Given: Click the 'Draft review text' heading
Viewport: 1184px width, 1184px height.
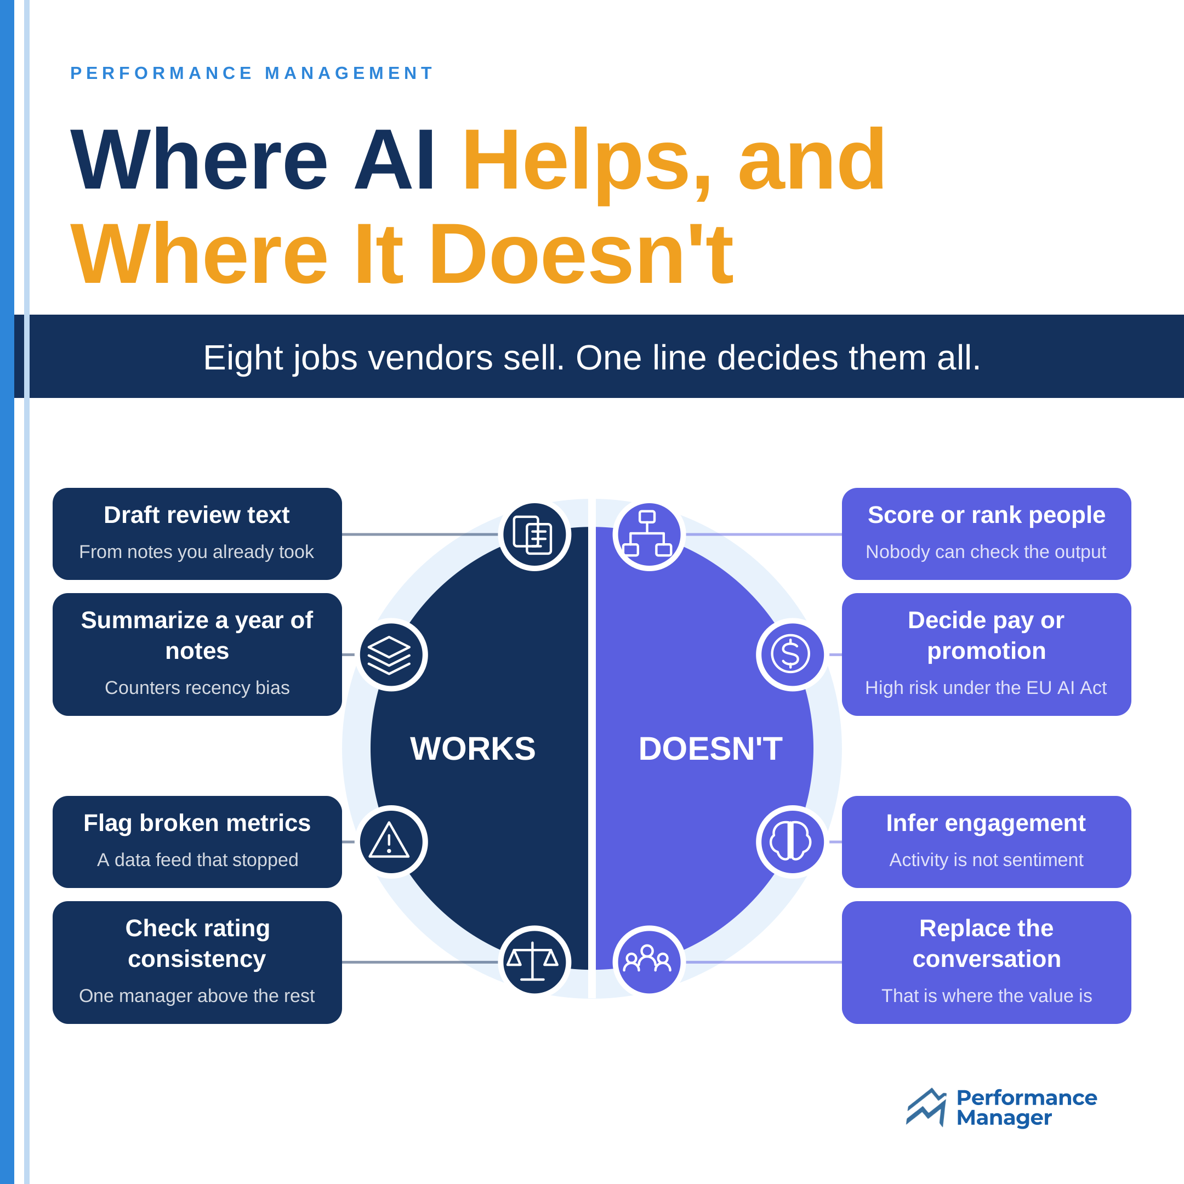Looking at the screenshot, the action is coord(197,515).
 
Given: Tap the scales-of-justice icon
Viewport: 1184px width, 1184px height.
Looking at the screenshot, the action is coord(533,961).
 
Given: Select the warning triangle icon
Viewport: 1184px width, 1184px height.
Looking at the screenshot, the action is coord(389,840).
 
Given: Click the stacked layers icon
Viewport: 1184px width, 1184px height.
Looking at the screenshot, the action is coord(389,655).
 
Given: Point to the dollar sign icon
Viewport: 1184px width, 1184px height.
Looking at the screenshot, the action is coord(790,654).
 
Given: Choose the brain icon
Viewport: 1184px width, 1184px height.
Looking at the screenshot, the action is coord(790,840).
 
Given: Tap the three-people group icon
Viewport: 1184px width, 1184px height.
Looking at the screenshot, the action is coord(647,959).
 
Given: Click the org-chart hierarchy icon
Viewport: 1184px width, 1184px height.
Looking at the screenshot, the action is coord(647,533).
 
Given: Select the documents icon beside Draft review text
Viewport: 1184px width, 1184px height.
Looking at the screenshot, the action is coord(533,535).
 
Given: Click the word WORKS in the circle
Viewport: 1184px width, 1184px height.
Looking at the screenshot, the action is coord(473,748).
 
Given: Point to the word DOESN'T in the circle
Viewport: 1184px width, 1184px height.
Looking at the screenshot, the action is coord(710,748).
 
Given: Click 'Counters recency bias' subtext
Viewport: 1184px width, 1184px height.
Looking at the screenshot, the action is coord(197,687).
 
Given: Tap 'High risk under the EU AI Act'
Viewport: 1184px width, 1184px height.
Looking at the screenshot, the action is coord(986,687).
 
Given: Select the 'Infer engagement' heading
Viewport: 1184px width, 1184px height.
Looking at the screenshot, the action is coord(986,823).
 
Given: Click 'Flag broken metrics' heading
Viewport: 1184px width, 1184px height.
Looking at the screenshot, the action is coord(197,823).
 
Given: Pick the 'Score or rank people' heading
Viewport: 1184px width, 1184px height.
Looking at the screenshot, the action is coord(987,515).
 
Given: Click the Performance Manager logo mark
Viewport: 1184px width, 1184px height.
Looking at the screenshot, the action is coord(926,1107).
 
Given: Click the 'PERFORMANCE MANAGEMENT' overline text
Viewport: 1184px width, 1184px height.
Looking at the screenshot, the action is coord(252,73).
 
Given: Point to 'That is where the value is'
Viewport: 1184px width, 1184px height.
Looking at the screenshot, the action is coord(987,996).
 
